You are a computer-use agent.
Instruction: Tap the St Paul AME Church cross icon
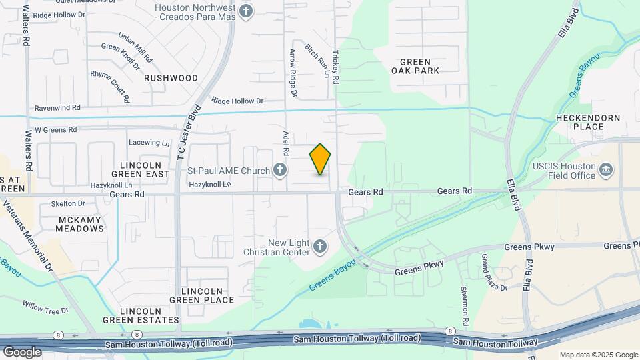coord(280,171)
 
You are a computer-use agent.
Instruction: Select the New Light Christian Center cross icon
coord(320,247)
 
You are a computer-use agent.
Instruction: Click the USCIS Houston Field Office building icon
coord(606,171)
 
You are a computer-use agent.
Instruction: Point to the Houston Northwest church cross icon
coord(247,11)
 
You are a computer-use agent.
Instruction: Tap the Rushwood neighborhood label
coord(171,78)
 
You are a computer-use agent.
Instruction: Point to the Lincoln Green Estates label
coord(141,315)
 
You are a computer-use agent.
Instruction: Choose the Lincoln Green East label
coord(141,169)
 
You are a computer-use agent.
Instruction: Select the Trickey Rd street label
coord(336,67)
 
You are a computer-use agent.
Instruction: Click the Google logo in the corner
coord(23,351)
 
